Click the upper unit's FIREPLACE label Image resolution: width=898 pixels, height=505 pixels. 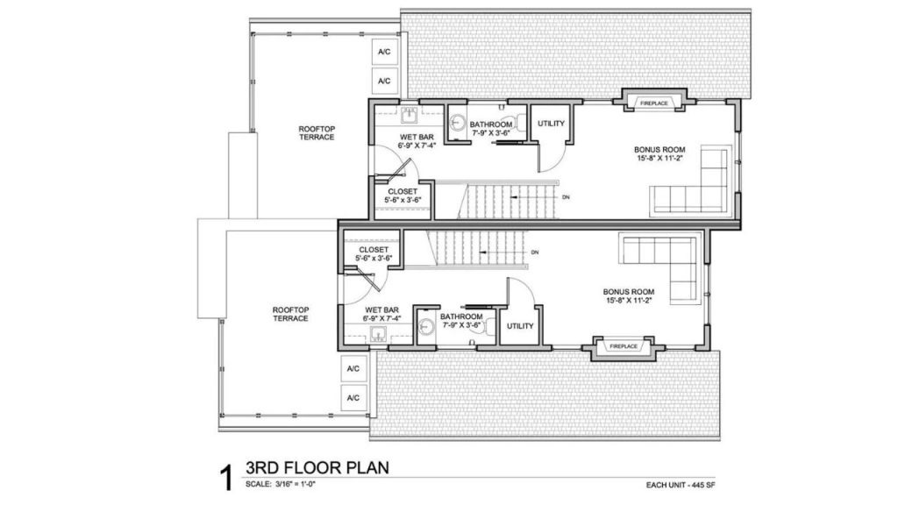click(654, 103)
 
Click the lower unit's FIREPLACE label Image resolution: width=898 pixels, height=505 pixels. click(624, 346)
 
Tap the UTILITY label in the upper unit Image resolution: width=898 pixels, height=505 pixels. click(551, 123)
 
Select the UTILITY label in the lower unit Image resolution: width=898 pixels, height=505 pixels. click(520, 326)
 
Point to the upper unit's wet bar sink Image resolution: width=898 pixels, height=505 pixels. click(409, 116)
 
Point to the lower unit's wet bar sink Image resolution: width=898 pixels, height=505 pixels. click(378, 334)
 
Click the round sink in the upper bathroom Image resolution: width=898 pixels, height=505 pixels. click(456, 123)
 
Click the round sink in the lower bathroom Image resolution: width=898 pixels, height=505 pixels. click(425, 326)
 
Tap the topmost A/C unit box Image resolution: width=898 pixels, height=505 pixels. click(384, 52)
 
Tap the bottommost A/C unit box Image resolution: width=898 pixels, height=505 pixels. click(353, 398)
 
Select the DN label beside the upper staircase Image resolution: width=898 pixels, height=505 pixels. click(566, 197)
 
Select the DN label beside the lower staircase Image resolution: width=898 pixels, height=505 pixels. click(535, 252)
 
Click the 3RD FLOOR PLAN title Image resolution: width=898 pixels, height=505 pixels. click(317, 467)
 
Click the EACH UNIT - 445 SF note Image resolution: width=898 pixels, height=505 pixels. click(681, 485)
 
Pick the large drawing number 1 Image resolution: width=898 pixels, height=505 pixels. click(227, 478)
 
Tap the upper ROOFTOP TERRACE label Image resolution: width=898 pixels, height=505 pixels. click(317, 133)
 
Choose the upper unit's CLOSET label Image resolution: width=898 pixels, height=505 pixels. click(403, 191)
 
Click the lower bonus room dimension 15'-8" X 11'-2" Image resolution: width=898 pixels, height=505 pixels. click(629, 300)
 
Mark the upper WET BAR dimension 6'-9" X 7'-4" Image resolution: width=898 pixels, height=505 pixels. click(417, 146)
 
